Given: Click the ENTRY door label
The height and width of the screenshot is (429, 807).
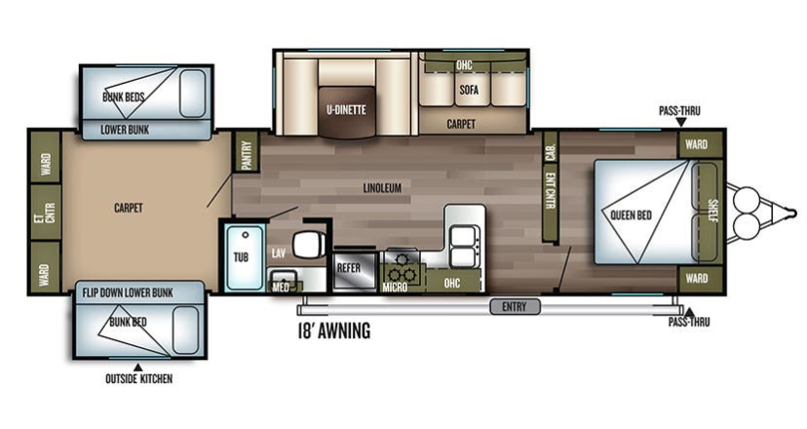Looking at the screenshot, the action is coord(515,307).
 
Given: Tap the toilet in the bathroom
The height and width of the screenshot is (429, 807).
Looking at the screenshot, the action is coord(308,245).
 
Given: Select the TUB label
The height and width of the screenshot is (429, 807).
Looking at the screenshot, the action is coord(241,257).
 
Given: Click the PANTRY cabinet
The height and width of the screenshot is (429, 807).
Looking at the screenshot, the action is coord(246,152).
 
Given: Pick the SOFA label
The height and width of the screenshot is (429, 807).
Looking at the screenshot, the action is coord(469,90).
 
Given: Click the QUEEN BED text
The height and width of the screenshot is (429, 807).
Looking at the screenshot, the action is coord(631,215).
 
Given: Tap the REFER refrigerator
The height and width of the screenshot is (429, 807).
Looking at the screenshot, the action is coord(355,270).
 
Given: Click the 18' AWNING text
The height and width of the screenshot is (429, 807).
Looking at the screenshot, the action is coord(334,331).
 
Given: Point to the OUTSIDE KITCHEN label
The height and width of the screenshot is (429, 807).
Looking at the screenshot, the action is coord(139,379).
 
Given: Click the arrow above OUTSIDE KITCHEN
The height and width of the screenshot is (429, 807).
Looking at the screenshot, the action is coord(138,367).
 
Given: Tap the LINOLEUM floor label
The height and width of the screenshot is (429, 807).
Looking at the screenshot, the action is coord(382,188).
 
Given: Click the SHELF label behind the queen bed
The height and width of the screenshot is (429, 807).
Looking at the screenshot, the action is coord(712,211).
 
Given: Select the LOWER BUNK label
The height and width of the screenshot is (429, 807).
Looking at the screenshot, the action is coord(125,130).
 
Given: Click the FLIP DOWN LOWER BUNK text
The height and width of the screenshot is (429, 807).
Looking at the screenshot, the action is coord(128,293).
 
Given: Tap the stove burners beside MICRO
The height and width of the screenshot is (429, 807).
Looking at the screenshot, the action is coord(403,264).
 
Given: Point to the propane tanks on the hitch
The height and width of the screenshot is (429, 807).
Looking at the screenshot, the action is coord(745,212).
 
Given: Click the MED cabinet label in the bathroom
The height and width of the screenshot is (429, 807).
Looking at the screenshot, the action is coord(281,287).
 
